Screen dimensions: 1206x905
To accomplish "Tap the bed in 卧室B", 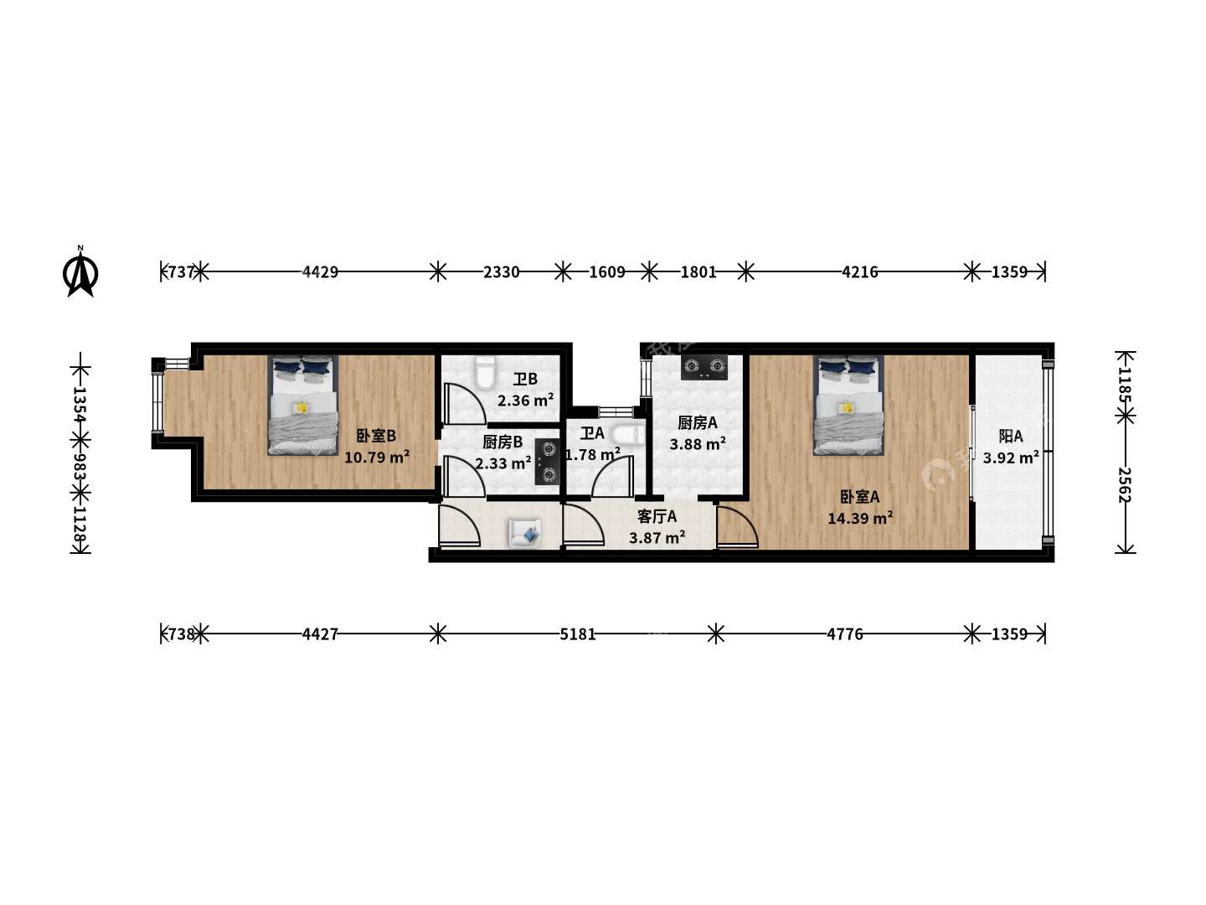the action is tap(302, 405).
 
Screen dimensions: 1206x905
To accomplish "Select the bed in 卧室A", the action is tap(848, 405).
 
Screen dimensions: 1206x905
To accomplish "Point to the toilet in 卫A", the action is tap(627, 435).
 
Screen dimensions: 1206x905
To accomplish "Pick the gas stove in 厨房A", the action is tap(704, 367).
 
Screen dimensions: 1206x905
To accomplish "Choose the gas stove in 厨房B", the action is tap(548, 462).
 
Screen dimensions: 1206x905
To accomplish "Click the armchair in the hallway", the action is tap(525, 533).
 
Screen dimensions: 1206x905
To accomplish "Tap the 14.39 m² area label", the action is tap(860, 518).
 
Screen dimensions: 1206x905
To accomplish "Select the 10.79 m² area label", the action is tap(377, 457).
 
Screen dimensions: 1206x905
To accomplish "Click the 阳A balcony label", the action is tap(1010, 437).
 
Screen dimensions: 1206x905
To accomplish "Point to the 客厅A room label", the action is tap(657, 516).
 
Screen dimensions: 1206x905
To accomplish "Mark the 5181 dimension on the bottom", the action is tap(577, 634).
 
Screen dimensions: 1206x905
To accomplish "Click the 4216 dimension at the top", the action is tap(859, 271).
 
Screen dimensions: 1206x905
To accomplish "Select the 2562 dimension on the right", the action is tap(1125, 485).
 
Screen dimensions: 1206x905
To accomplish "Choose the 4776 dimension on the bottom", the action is tap(845, 634).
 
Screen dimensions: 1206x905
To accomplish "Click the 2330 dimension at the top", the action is tap(501, 271).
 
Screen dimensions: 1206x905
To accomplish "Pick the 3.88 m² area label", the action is tap(698, 443).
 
